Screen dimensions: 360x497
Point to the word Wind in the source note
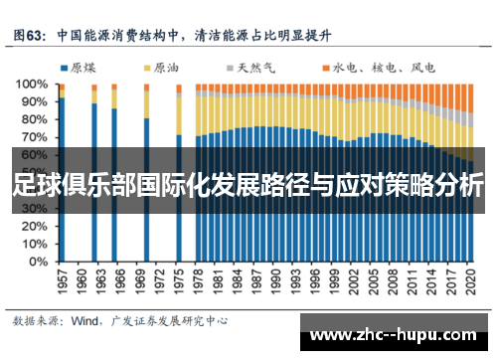pos(83,320)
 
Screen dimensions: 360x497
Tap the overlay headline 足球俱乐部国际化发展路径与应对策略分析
pos(248,186)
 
